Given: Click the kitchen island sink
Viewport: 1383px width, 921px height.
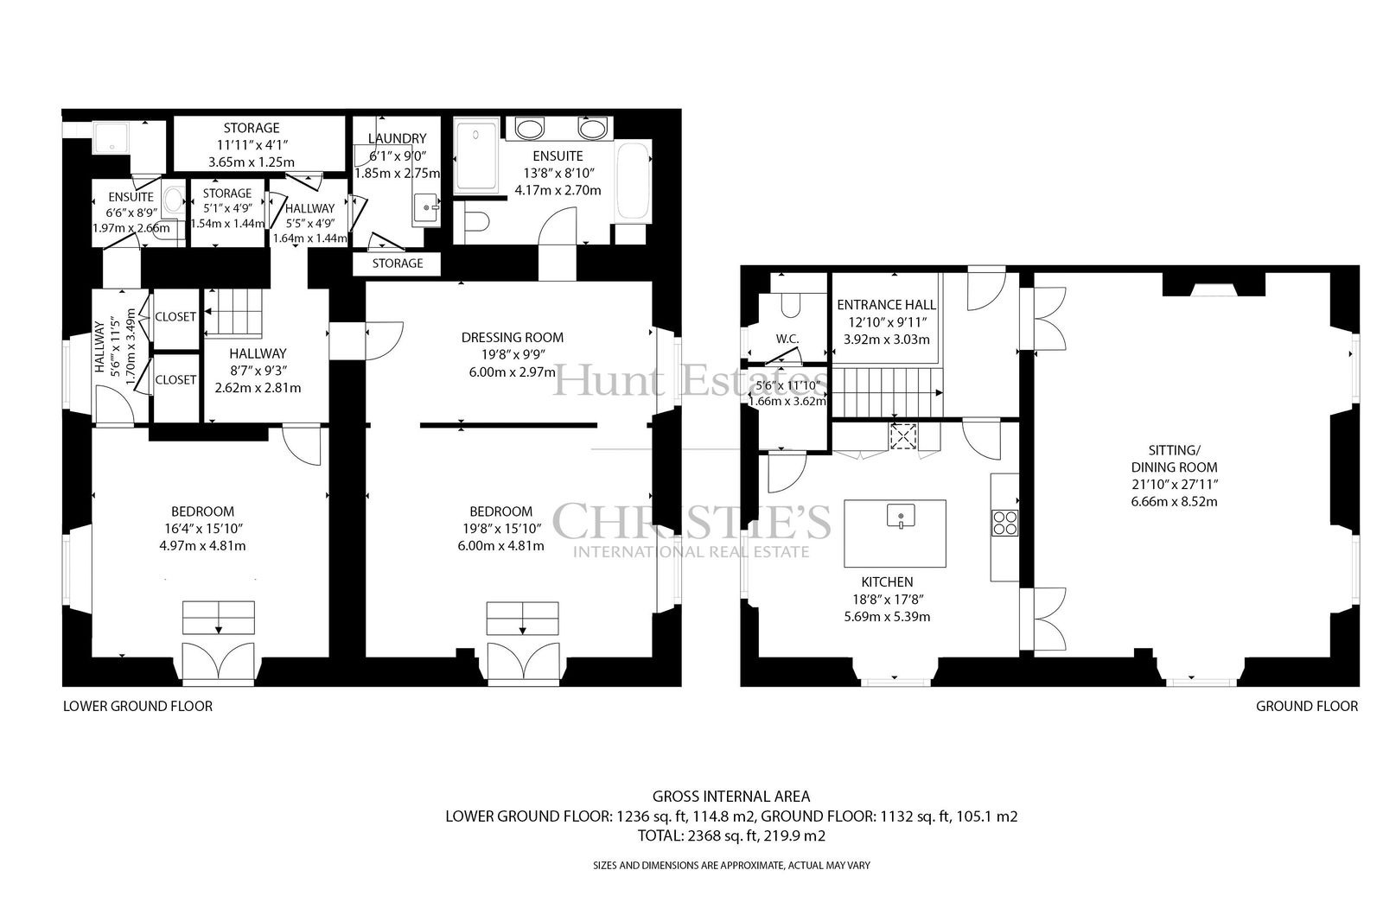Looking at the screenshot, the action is coord(901,516).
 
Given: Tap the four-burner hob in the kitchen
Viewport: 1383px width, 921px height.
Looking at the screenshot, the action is coord(1004,522).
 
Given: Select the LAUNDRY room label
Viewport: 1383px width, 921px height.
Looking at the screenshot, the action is coord(397,138).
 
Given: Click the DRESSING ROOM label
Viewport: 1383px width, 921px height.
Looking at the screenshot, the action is coord(513,337).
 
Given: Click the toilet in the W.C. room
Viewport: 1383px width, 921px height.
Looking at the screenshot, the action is coord(791,304).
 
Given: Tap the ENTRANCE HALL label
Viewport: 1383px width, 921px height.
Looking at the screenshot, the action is coord(886,305).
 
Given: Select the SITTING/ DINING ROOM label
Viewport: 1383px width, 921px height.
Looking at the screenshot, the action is coord(1175,459).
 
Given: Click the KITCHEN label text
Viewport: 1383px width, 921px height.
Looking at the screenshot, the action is coord(887,582).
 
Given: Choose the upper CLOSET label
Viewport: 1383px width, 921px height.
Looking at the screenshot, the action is coord(175,317).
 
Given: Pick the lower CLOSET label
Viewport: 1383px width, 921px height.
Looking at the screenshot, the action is coord(175,379).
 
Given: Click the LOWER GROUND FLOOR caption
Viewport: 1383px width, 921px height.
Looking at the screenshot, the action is coord(137,706).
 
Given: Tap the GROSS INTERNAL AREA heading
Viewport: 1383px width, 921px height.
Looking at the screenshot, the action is coord(731,797).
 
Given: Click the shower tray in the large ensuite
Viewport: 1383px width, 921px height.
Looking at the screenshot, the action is coord(476,156).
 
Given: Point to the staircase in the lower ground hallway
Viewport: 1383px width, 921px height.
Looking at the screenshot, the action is coord(233,314).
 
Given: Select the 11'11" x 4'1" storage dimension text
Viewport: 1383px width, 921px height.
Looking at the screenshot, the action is coord(252,145).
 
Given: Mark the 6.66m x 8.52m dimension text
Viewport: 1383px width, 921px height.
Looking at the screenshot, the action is coord(1175,502).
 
